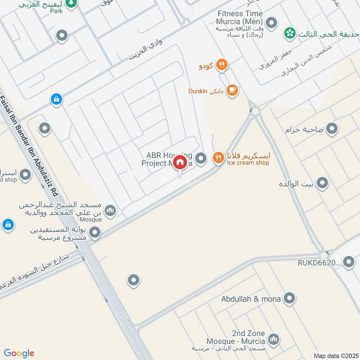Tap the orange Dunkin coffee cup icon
click(232, 90)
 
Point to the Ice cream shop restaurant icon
click(218, 157)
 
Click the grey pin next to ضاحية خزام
click(332, 130)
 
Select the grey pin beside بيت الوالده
click(322, 183)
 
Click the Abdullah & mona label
click(251, 299)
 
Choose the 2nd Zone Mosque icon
click(273, 338)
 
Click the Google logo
click(19, 353)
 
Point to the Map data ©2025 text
click(335, 355)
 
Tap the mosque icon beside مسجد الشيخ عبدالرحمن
click(110, 210)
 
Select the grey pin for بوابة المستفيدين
click(95, 233)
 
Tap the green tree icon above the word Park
click(70, 3)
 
